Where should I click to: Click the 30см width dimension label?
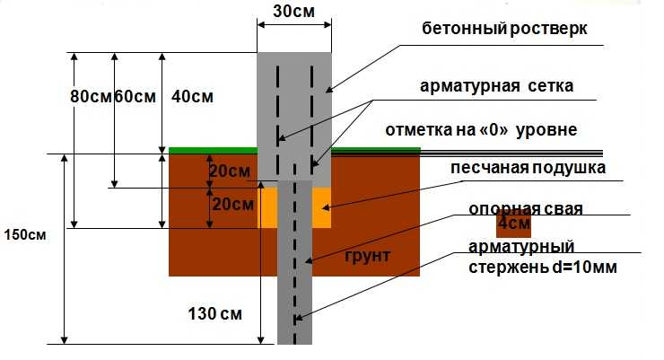point(294,12)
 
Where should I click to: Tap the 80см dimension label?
point(91,97)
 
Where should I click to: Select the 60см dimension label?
point(135,97)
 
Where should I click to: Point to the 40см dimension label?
point(192,97)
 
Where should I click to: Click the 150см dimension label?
point(25,234)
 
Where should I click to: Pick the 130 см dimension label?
point(215,314)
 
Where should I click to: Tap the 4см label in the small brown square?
point(514,223)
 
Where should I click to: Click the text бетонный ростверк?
point(505,29)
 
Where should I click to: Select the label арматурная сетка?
point(497,86)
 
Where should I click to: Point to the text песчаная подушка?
point(529,168)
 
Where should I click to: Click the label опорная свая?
point(526,208)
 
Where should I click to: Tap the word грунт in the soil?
point(368,256)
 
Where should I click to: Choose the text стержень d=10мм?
point(543,268)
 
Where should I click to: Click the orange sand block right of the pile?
point(322,207)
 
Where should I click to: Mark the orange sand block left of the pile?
point(267,207)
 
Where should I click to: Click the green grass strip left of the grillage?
point(213,150)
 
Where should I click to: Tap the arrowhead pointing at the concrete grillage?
point(328,90)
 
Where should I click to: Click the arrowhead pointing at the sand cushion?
point(325,207)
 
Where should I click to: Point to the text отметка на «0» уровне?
point(481,129)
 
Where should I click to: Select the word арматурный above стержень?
point(521,247)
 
